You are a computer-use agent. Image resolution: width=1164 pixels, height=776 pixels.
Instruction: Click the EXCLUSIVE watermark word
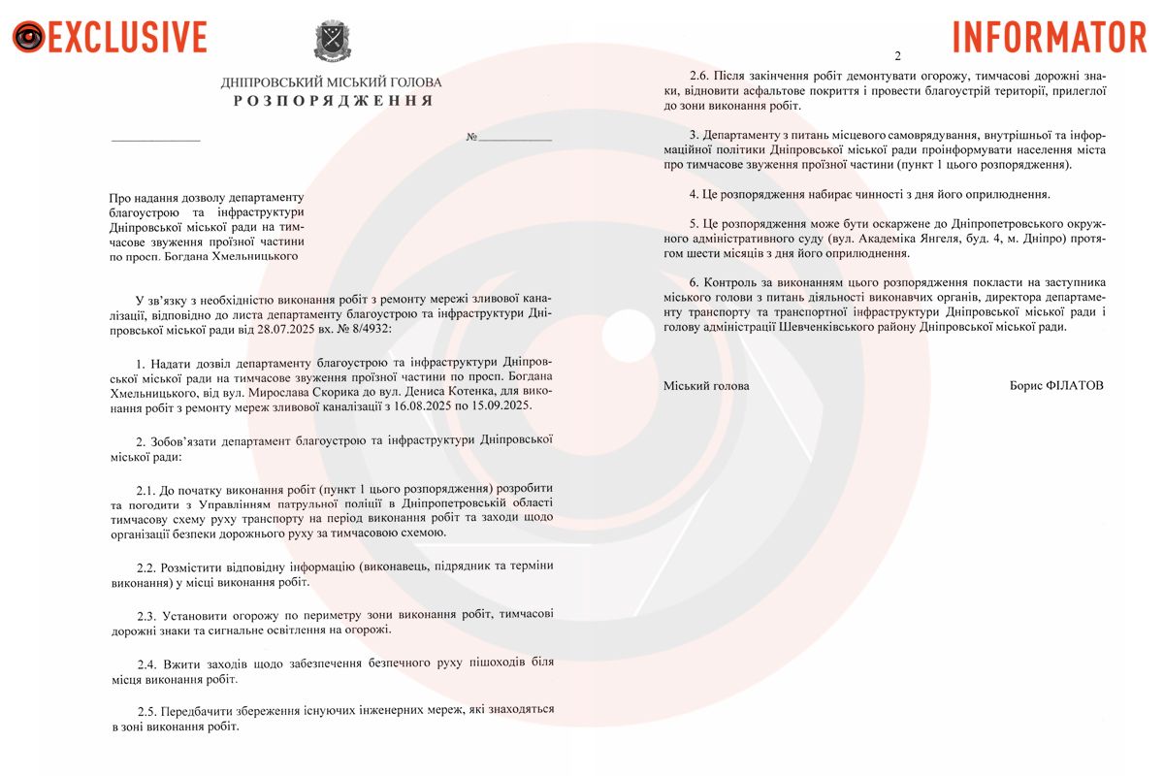[127, 37]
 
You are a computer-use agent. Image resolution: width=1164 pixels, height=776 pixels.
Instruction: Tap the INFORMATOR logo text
[1050, 37]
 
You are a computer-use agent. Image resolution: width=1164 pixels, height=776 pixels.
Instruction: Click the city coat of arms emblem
[333, 42]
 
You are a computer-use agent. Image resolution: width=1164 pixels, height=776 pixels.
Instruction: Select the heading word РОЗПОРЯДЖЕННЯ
[333, 101]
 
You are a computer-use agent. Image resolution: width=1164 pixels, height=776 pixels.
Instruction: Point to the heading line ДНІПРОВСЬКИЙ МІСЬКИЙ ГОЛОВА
[331, 82]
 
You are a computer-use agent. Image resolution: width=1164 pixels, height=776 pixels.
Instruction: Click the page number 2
[897, 55]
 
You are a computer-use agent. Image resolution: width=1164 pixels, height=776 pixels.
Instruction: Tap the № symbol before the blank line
[471, 138]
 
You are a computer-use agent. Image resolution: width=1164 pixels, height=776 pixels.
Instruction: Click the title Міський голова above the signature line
[706, 385]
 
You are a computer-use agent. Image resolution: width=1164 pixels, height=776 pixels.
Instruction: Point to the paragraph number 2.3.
[147, 615]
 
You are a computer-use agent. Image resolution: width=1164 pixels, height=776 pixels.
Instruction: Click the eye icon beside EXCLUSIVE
[28, 38]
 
